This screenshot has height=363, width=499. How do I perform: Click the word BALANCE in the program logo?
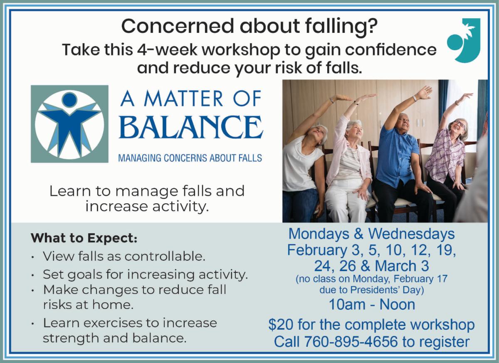tap(191, 127)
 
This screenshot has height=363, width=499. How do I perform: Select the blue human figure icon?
tap(70, 124)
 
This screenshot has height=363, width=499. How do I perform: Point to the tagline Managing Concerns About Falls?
tap(190, 158)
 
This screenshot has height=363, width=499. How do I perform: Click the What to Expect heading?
tap(84, 238)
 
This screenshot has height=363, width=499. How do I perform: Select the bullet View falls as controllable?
tap(124, 256)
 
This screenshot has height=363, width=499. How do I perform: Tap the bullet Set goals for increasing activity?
tap(145, 274)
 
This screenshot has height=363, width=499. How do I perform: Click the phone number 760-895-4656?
tap(351, 341)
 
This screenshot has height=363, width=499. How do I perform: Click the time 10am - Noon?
tap(372, 304)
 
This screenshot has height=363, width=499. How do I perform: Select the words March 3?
tap(402, 266)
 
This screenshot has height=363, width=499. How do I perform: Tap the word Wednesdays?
tap(411, 234)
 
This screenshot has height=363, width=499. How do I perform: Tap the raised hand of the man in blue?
tap(425, 92)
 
